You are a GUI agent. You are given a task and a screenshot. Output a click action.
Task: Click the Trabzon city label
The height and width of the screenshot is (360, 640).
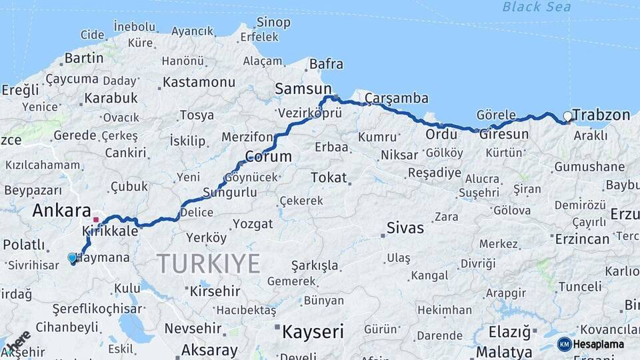[601, 115]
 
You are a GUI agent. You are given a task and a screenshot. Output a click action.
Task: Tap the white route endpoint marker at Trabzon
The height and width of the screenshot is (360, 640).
[567, 116]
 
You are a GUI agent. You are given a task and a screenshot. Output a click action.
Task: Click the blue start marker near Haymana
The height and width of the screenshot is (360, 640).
[72, 257]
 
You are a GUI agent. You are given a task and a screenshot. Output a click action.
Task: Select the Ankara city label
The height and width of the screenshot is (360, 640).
[62, 211]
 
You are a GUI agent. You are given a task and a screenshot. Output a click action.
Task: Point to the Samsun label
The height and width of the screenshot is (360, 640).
[303, 89]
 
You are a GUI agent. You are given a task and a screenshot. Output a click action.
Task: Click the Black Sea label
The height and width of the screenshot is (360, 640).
[536, 7]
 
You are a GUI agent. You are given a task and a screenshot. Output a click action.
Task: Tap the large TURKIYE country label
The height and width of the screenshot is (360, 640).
[209, 264]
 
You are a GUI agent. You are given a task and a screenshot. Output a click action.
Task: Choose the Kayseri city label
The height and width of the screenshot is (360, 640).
[313, 331]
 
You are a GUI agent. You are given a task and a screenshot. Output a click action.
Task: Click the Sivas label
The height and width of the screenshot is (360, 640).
[405, 228]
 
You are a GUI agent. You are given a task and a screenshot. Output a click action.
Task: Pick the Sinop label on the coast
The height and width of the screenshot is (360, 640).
[273, 23]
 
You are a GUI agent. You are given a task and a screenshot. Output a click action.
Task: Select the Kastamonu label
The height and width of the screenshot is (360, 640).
[199, 83]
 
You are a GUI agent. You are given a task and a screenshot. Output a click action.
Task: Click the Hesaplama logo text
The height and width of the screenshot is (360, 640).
[599, 344]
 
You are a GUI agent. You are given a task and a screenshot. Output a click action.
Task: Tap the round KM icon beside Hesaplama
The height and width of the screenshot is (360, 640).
[564, 344]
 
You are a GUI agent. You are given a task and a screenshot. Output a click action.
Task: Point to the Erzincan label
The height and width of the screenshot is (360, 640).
[581, 239]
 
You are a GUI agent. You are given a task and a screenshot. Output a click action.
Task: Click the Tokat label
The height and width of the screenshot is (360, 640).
[329, 178]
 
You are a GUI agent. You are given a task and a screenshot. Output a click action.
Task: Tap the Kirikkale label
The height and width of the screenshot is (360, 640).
[110, 231]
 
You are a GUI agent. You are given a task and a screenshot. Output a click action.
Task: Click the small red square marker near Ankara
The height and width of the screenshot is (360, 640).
[96, 219]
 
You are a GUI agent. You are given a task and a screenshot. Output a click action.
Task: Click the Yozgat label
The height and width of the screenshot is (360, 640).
[253, 224]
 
